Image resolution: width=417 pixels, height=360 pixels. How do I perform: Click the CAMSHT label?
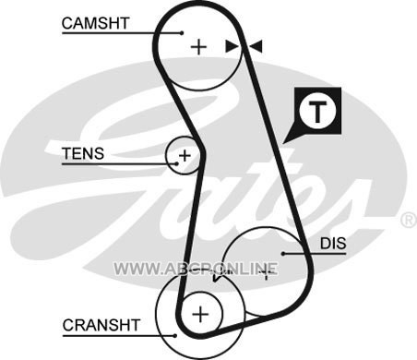[x=95, y=23]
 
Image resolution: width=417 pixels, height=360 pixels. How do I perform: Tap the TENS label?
[x=83, y=153]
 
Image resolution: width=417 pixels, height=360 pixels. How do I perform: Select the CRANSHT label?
[x=101, y=325]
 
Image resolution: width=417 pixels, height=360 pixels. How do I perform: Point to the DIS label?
[x=333, y=244]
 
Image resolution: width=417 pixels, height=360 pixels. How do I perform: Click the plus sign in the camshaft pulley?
[x=198, y=47]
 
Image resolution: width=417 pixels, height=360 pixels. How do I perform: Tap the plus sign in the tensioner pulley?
[x=185, y=155]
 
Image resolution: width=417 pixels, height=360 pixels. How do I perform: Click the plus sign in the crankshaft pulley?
[x=200, y=314]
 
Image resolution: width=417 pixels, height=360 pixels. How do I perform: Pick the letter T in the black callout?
[x=317, y=112]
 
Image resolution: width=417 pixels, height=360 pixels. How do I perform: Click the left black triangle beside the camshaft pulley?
[x=232, y=46]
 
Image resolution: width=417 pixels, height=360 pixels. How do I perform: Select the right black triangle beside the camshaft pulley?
[x=256, y=46]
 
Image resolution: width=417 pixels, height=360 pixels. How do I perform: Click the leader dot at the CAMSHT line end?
[x=182, y=32]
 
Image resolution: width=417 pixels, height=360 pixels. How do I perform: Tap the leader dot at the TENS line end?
[x=176, y=164]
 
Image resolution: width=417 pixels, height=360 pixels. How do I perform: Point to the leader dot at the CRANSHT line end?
[x=175, y=336]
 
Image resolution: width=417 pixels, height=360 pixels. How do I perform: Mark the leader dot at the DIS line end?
[x=283, y=254]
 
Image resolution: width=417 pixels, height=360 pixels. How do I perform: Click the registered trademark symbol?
[x=410, y=220]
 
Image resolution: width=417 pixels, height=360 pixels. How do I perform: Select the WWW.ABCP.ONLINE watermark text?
[x=196, y=269]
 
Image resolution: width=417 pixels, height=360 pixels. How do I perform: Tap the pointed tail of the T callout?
[x=283, y=143]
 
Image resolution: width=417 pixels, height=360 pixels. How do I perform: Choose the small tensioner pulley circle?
[x=166, y=155]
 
